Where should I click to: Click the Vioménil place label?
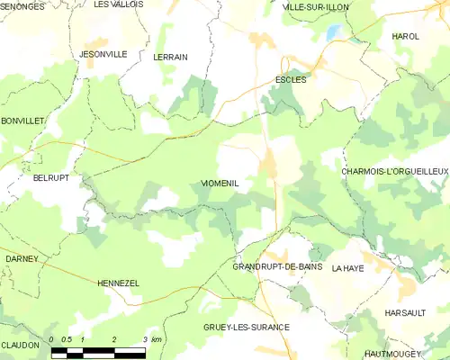click(214, 184)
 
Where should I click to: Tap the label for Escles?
click(291, 79)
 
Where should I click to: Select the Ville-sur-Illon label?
click(291, 6)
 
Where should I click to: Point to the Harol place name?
click(406, 36)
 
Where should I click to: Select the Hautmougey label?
click(401, 355)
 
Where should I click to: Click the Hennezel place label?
click(116, 283)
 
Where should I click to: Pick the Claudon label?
click(20, 345)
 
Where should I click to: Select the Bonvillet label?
click(22, 121)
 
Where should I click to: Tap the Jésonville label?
click(103, 54)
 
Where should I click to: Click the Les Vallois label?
click(119, 4)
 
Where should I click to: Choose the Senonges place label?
click(22, 6)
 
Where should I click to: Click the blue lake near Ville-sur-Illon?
click(335, 32)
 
